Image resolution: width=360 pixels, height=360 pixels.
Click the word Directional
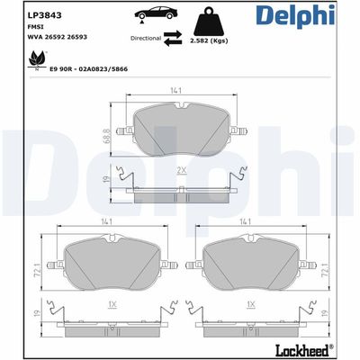pyautogui.click(x=145, y=39)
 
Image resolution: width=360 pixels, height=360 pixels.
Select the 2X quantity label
pyautogui.click(x=181, y=169)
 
